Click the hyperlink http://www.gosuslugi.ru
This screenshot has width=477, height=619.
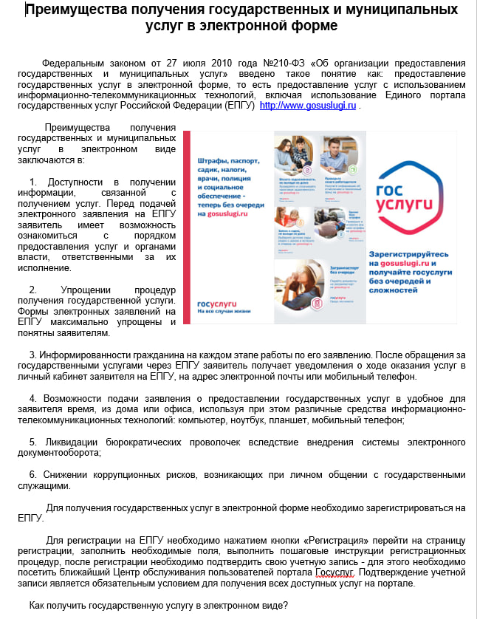point(308,106)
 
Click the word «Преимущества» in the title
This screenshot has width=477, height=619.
point(73,10)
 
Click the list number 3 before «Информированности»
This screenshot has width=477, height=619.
point(32,355)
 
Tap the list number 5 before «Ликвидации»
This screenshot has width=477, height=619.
point(32,442)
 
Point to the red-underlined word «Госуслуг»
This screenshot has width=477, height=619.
point(334,572)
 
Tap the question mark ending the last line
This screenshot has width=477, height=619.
point(286,606)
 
